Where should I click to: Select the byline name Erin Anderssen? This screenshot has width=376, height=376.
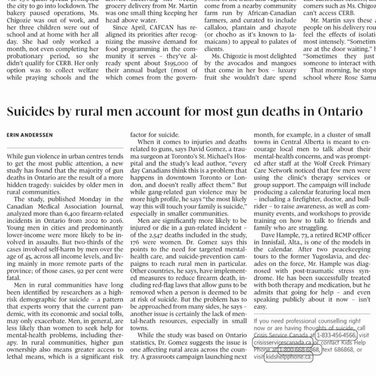30,135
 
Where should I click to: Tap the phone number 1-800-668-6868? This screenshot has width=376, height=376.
299,350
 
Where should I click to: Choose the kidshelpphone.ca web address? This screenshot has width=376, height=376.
289,357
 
